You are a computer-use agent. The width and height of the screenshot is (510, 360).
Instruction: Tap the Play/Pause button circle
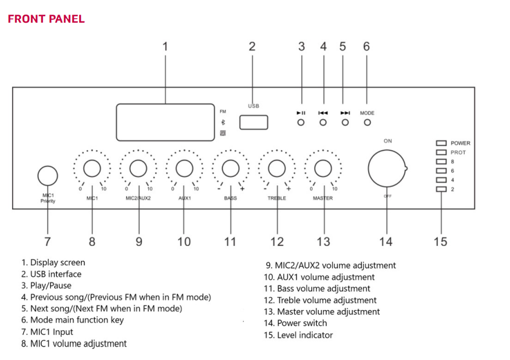click(301, 123)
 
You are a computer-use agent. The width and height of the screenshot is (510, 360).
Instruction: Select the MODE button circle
click(367, 123)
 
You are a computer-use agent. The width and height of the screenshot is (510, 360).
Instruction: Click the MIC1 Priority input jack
click(48, 176)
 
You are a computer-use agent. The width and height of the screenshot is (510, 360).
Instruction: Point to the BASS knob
click(231, 169)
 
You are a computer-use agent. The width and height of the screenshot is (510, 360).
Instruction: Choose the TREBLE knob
click(277, 169)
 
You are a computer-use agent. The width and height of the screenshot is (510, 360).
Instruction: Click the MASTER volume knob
click(323, 169)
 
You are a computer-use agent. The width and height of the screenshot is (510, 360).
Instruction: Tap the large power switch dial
click(387, 169)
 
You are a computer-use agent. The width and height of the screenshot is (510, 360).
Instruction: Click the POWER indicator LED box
click(441, 143)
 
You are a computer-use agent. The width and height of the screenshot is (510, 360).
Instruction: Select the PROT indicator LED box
click(441, 152)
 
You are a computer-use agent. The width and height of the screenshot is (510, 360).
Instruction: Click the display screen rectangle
click(165, 122)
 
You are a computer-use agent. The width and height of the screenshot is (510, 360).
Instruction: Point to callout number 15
click(441, 241)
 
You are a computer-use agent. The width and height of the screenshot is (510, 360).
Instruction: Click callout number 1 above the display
click(165, 47)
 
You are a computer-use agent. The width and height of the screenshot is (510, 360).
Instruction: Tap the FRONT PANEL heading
click(46, 19)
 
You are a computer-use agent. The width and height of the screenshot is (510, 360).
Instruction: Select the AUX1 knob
click(184, 169)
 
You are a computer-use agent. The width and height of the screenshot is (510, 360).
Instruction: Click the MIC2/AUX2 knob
click(138, 169)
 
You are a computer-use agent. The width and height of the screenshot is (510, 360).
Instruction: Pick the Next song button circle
click(345, 123)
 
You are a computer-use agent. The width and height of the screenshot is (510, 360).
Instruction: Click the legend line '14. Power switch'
click(295, 323)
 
